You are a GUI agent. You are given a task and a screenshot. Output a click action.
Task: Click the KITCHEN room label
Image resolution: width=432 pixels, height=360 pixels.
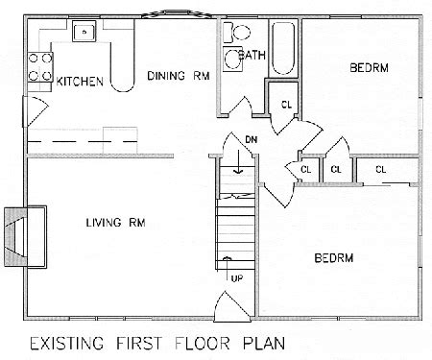(x=80, y=83)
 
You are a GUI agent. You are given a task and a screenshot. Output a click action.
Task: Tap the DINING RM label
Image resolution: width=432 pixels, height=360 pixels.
(x=179, y=74)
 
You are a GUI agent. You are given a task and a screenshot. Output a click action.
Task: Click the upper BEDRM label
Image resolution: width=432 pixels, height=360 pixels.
(x=369, y=68)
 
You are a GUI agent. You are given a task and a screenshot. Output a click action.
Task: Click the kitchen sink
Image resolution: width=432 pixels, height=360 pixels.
(x=85, y=33)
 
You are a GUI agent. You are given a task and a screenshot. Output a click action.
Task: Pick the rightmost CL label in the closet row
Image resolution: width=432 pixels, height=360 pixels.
(x=380, y=169)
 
